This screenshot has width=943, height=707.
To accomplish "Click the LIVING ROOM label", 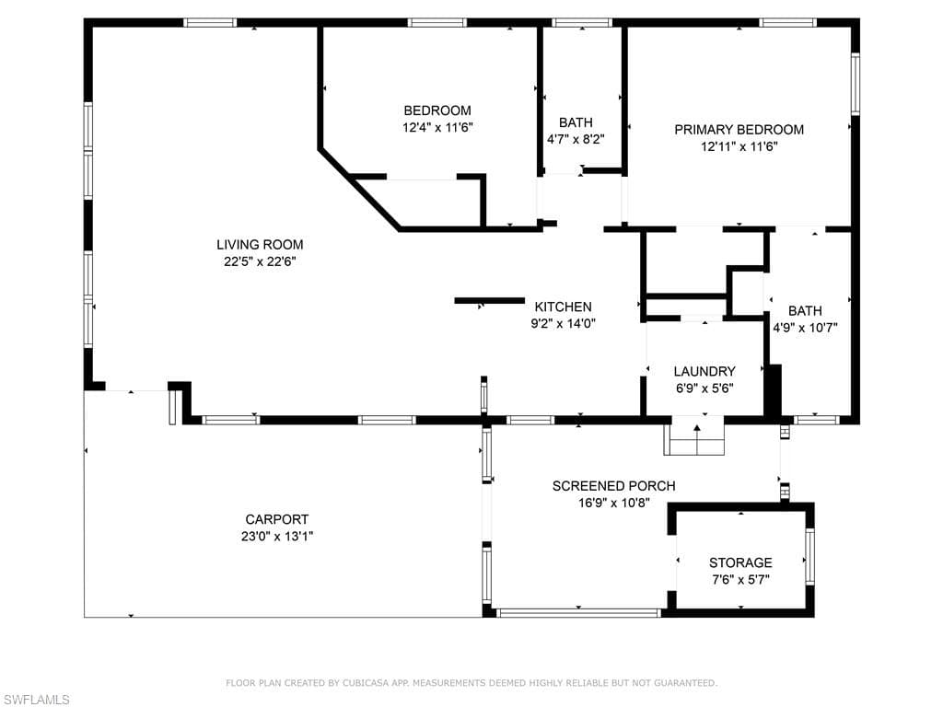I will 260,245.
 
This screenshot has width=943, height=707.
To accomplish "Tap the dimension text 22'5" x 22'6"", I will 260,261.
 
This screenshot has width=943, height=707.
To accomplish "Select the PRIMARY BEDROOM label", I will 739,130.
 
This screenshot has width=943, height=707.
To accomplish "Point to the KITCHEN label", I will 563,307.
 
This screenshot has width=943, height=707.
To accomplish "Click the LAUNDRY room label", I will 704,372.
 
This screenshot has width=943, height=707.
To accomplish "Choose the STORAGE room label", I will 740,562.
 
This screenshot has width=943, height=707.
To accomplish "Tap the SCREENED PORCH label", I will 613,486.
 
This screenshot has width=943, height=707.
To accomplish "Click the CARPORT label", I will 276,519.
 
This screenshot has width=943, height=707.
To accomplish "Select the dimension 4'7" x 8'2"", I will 576,139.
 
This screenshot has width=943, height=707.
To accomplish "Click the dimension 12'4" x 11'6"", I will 437,128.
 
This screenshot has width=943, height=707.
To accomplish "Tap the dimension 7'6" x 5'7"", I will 740,579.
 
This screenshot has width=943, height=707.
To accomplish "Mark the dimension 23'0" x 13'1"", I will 276,536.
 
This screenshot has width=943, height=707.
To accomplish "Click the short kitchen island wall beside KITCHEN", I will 489,300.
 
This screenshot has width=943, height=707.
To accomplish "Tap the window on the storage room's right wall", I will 809,556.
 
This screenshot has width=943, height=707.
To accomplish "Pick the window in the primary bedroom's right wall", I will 855,84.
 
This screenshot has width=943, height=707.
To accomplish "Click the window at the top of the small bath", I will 582,22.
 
